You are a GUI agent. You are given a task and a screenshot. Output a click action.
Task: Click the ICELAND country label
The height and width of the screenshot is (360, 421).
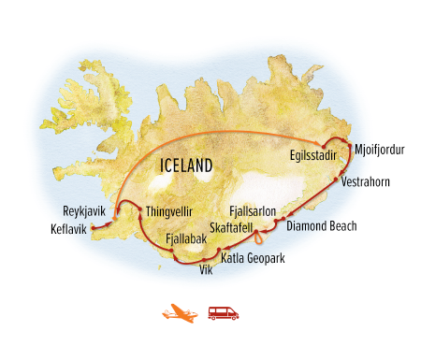coord(185,166)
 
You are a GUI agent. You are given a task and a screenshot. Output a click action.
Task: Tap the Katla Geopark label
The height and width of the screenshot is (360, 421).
coord(253,255)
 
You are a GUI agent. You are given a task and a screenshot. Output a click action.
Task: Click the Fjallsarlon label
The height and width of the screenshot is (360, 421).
coord(253,211)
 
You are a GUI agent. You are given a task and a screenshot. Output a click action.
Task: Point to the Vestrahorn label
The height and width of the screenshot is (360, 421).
coord(367,180)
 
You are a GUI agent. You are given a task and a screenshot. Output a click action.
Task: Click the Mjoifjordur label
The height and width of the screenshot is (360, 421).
coord(378,147)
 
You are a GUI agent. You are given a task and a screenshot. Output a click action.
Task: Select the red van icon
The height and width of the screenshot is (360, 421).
coord(223,312)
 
